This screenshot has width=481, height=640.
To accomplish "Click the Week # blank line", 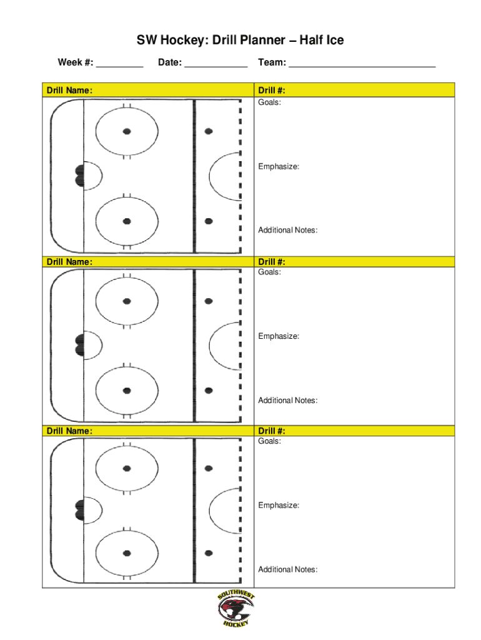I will click(x=120, y=64).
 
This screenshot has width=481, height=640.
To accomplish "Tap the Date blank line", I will click(x=216, y=64).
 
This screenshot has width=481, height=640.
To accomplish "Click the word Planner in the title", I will click(x=264, y=41).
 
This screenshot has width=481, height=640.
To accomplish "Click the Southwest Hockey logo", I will click(x=237, y=609).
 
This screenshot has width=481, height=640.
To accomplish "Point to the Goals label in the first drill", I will click(x=269, y=102).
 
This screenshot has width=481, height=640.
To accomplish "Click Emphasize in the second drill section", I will click(x=279, y=336).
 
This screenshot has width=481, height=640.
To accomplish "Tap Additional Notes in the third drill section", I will click(x=288, y=569).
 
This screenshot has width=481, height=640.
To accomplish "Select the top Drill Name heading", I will click(x=69, y=91).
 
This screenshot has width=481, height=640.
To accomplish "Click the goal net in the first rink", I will click(x=79, y=176).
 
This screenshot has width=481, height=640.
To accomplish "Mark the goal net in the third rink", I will click(x=79, y=510).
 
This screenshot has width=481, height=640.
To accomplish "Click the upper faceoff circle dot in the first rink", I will click(x=127, y=131).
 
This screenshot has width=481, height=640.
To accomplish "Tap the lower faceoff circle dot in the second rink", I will click(x=127, y=391).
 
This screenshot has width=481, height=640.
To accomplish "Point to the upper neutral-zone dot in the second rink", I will click(x=209, y=301).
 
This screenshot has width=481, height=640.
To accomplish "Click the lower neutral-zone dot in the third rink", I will click(x=209, y=553).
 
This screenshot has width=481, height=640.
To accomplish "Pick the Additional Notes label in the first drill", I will click(x=288, y=231).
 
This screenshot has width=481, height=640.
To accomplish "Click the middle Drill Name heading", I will click(x=69, y=262).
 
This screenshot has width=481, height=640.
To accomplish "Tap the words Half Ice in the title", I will click(x=321, y=41).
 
